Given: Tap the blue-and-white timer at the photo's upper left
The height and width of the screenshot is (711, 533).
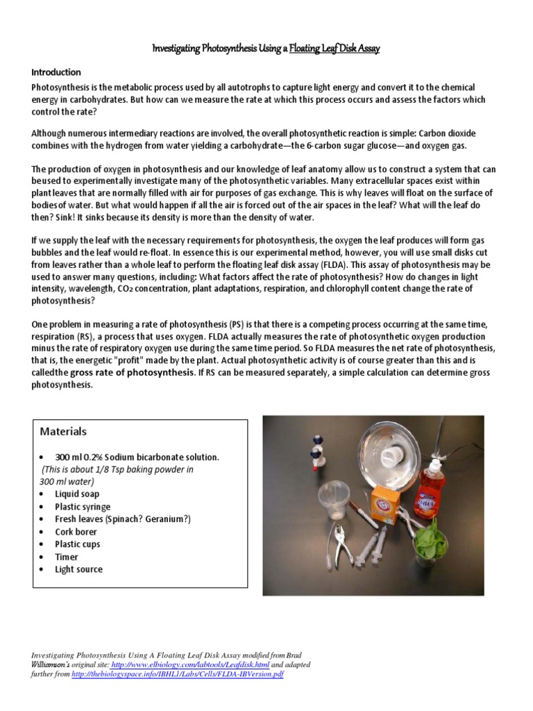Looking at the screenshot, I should click(x=318, y=452).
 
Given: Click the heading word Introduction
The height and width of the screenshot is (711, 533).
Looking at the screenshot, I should click(x=56, y=72).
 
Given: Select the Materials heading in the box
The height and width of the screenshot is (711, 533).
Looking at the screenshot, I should click(x=63, y=431).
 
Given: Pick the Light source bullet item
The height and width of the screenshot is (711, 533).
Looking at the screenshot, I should click(x=78, y=569).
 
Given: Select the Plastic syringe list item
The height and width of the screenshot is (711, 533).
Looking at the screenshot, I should click(x=83, y=507).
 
